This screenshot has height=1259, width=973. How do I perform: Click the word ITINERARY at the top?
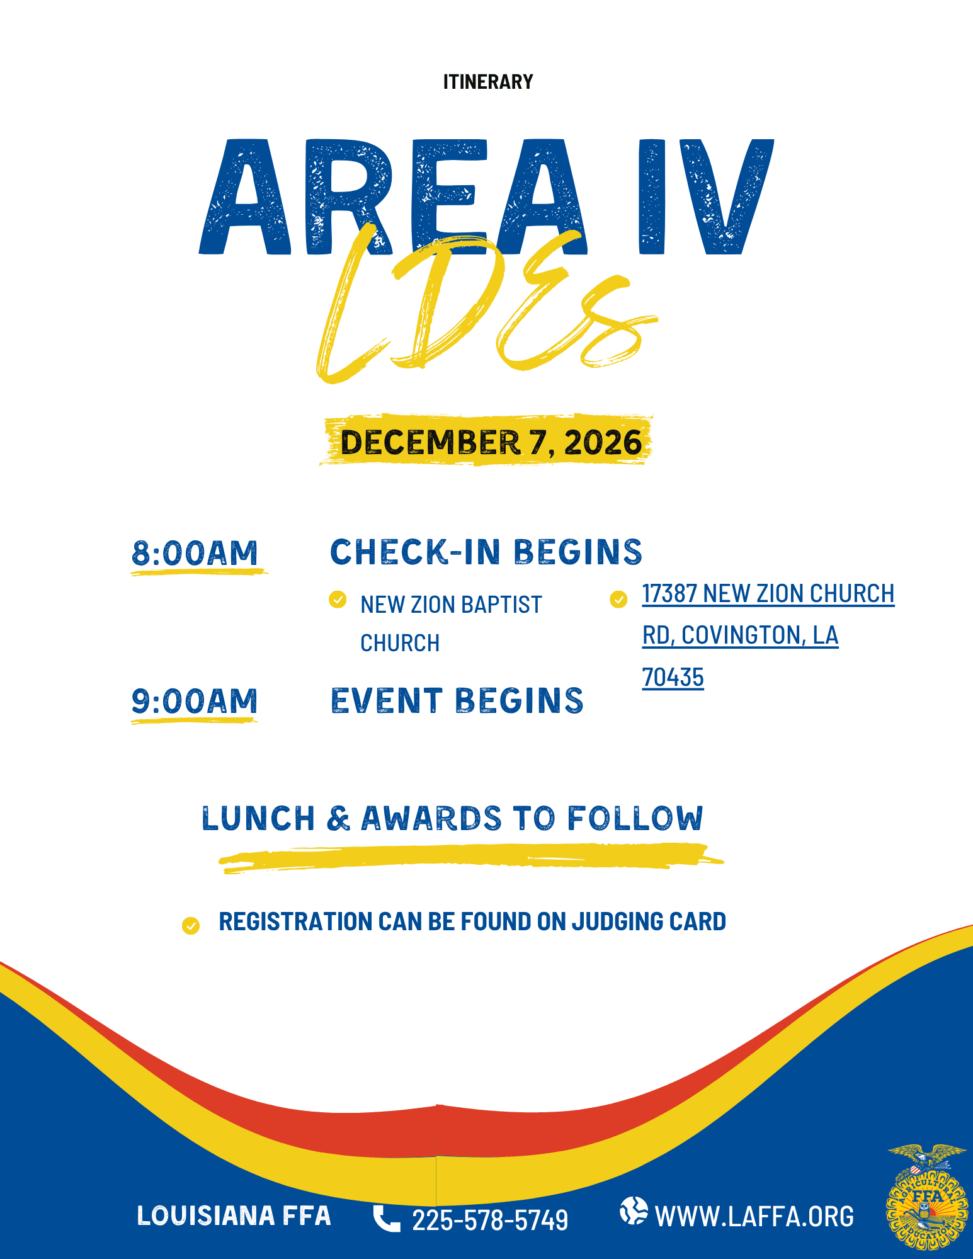pyautogui.click(x=488, y=82)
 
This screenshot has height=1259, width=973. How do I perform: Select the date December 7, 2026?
pyautogui.click(x=491, y=442)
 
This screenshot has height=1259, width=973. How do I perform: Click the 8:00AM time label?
pyautogui.click(x=195, y=553)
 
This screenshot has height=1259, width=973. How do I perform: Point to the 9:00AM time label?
pyautogui.click(x=195, y=701)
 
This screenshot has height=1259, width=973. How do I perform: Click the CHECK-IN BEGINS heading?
pyautogui.click(x=486, y=552)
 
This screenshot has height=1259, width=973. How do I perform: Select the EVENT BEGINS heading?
pyautogui.click(x=457, y=700)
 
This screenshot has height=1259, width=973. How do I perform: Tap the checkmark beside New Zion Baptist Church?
pyautogui.click(x=338, y=599)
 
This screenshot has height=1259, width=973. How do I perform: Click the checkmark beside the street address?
pyautogui.click(x=618, y=599)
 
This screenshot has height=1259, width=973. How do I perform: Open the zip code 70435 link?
pyautogui.click(x=673, y=678)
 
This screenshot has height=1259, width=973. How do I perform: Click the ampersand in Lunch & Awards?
pyautogui.click(x=339, y=818)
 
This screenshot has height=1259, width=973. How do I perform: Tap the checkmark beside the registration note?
pyautogui.click(x=190, y=925)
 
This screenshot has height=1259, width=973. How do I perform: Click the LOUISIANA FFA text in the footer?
pyautogui.click(x=234, y=1216)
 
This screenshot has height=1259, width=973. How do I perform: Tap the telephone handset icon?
pyautogui.click(x=386, y=1218)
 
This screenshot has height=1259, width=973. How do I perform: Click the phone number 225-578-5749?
pyautogui.click(x=490, y=1220)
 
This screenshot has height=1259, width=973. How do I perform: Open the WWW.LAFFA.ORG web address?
pyautogui.click(x=754, y=1216)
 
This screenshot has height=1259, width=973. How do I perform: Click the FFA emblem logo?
pyautogui.click(x=927, y=1197)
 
